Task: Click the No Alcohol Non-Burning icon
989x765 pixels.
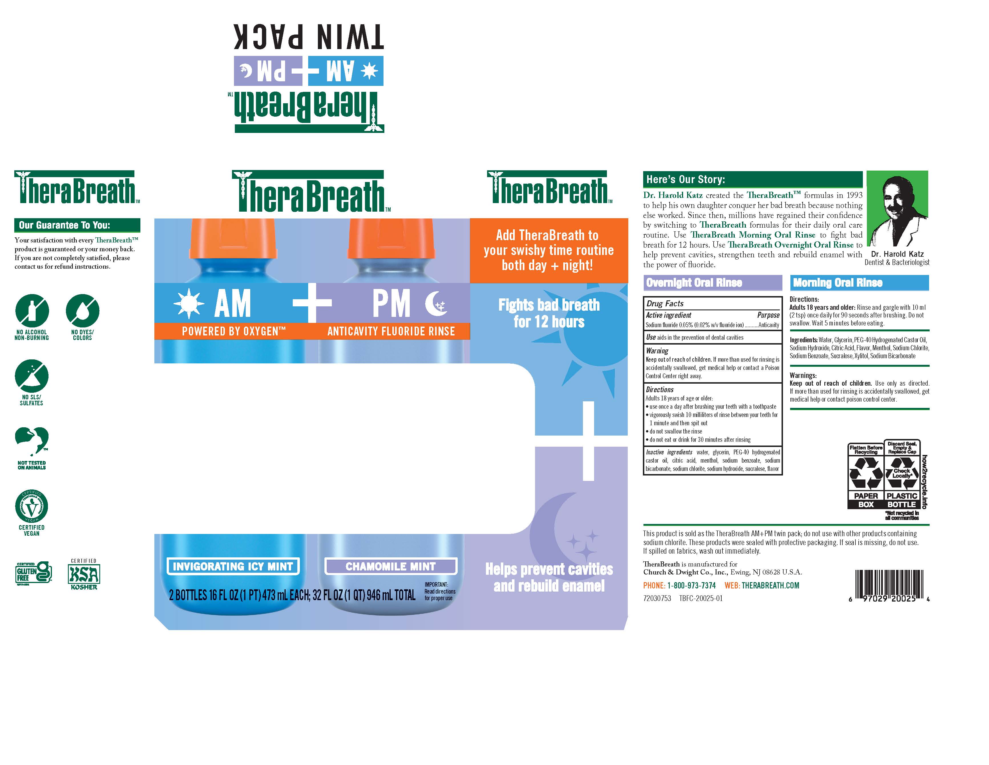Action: [32, 311]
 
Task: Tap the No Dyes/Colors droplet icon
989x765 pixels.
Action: [82, 311]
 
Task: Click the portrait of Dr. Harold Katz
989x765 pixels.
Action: [897, 209]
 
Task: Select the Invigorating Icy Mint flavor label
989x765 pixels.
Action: [233, 566]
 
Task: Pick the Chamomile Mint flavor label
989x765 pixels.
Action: [390, 566]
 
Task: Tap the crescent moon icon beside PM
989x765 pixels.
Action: [436, 303]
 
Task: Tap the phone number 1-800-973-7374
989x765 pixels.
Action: [691, 585]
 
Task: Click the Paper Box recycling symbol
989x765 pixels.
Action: [865, 475]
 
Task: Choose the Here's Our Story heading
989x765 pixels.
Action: [686, 179]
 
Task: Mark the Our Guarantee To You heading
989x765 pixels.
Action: [65, 225]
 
